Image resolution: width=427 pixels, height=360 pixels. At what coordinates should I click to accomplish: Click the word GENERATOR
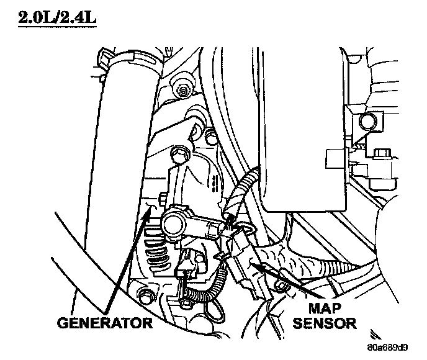point(104,323)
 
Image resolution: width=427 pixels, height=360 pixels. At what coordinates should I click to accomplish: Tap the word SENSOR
point(324,323)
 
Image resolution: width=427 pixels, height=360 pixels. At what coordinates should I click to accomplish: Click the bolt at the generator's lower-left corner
point(146,294)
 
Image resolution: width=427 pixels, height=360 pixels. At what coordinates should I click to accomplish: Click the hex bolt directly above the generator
point(181,151)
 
